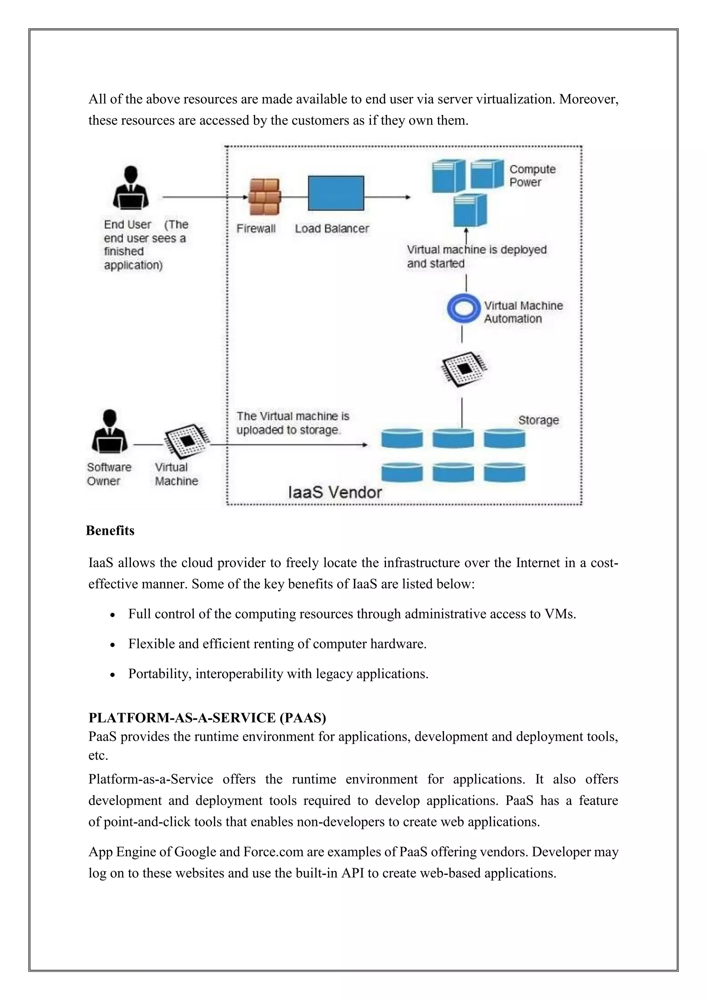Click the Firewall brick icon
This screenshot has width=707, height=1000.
[x=264, y=197]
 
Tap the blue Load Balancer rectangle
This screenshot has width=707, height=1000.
[x=336, y=193]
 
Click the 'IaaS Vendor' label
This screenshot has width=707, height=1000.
[x=335, y=492]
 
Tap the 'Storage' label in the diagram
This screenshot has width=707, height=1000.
[x=539, y=420]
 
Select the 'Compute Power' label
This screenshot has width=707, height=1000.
[x=532, y=175]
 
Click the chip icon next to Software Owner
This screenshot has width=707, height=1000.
[x=187, y=441]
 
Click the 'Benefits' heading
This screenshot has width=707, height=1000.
[x=110, y=530]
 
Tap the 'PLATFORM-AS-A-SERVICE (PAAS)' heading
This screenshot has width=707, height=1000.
[x=207, y=717]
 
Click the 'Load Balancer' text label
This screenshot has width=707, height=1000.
[x=332, y=229]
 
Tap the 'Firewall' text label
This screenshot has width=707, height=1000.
[x=256, y=229]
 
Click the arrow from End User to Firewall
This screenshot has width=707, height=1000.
[x=205, y=197]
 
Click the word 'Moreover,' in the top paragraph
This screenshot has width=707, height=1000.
[x=589, y=99]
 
